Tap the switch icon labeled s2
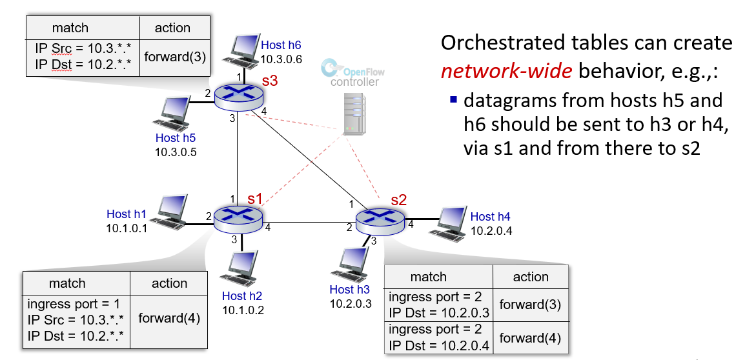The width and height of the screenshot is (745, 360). coord(381,221)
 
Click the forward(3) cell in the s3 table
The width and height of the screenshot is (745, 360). coord(175,57)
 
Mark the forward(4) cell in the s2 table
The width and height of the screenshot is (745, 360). coord(531,337)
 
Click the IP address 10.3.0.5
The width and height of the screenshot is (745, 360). coord(176,152)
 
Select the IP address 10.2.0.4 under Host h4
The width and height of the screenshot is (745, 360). coord(491,231)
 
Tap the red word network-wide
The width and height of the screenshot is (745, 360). coord(507,70)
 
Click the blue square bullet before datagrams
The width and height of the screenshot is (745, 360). coord(453,100)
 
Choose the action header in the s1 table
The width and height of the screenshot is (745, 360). coord(169,283)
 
